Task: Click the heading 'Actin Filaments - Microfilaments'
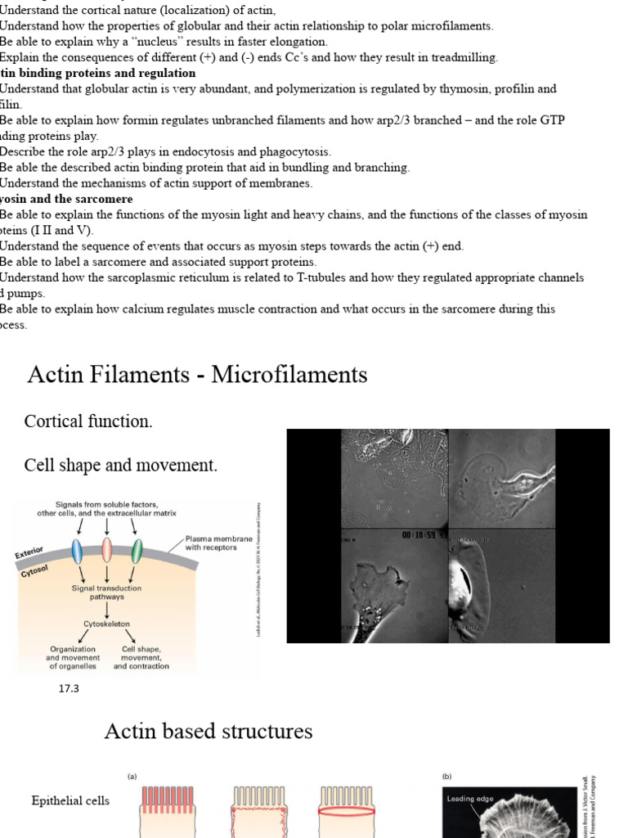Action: (197, 375)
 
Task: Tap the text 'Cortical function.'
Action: (88, 421)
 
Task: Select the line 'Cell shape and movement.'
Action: (121, 466)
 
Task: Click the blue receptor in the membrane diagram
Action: (78, 551)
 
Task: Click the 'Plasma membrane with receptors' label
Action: (211, 543)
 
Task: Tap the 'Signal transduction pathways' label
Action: (107, 592)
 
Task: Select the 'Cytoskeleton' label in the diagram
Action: (107, 624)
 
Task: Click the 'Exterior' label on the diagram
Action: (29, 552)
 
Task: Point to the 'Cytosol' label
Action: (34, 570)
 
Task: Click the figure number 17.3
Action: (69, 688)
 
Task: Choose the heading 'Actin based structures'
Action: (209, 731)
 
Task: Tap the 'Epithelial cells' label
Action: (70, 800)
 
